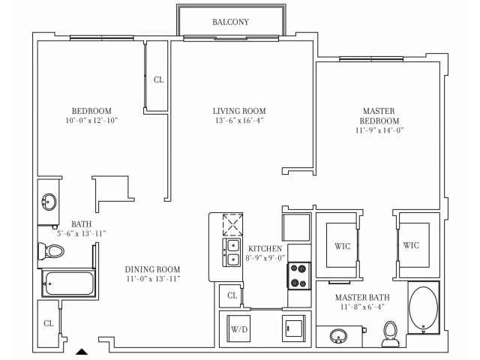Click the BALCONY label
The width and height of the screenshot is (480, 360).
click(x=230, y=22)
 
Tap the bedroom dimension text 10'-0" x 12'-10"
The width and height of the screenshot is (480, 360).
click(x=91, y=120)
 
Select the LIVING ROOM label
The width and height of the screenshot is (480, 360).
click(x=238, y=110)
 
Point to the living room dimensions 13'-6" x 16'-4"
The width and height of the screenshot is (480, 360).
click(x=238, y=120)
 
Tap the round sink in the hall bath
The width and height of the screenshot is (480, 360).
click(x=49, y=202)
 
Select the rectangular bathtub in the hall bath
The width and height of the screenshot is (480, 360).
click(x=67, y=283)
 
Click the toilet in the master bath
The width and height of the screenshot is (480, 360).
click(x=390, y=333)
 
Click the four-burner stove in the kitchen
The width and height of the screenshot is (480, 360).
click(x=298, y=274)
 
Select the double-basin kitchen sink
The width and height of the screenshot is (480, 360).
click(x=232, y=252)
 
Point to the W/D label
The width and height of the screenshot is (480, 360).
click(x=238, y=329)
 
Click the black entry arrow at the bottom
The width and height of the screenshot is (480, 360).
click(x=82, y=350)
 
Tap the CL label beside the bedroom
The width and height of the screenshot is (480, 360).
click(x=158, y=79)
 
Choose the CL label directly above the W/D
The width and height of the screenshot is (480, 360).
click(x=232, y=296)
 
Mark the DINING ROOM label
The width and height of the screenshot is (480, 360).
click(x=152, y=269)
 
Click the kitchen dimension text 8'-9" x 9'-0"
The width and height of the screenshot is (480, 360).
click(x=265, y=259)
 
